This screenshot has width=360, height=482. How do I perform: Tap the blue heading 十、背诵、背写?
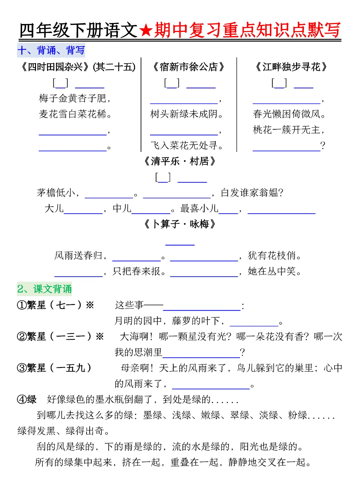tap(51, 50)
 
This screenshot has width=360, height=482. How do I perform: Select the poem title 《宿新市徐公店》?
tap(188, 67)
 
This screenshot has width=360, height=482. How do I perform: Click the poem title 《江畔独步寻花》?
tap(291, 67)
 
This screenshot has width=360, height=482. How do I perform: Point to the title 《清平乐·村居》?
tap(180, 162)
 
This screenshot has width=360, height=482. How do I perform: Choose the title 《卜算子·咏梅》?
tap(180, 224)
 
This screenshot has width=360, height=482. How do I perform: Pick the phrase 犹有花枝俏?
tap(272, 256)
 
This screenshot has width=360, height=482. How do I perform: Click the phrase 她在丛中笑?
tap(272, 271)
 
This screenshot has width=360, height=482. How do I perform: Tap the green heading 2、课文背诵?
tap(44, 289)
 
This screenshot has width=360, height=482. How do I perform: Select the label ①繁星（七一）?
tap(55, 305)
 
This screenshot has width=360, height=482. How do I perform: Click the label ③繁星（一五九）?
tap(54, 368)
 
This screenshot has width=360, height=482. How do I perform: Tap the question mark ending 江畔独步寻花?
tap(322, 146)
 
